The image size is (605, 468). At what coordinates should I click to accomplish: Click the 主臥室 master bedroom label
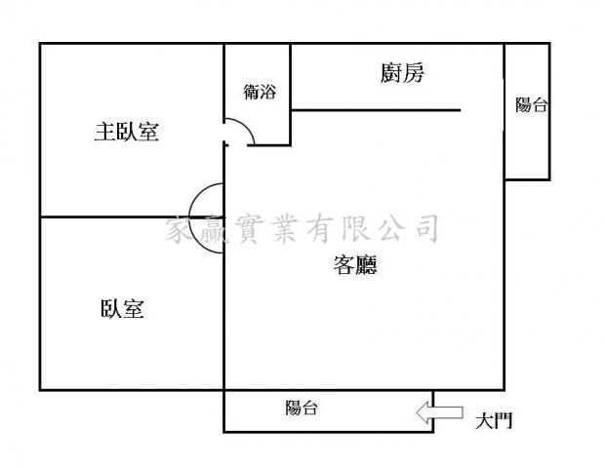127,132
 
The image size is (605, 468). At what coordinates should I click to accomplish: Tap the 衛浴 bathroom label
260,92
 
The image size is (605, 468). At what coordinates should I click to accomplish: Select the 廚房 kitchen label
402,73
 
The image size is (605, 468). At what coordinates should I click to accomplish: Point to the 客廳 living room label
355,264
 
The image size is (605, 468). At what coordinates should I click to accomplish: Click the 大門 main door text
494,420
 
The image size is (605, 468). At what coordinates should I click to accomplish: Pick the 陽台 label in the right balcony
532,104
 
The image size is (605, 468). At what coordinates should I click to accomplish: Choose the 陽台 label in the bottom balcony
302,408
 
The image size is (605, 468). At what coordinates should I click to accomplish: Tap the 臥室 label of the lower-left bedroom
122,309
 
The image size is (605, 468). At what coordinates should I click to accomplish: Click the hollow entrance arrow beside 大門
439,412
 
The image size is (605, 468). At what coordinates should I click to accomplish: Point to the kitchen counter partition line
376,110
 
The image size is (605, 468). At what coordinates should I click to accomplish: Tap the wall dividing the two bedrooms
132,217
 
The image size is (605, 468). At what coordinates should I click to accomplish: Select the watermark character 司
426,228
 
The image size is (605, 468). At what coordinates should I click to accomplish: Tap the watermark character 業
285,228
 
